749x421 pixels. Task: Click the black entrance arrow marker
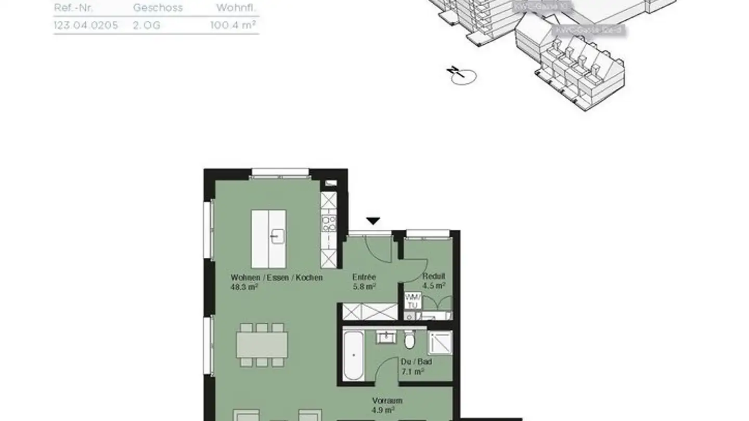(x=373, y=221)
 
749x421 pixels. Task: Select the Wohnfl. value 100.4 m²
(x=234, y=25)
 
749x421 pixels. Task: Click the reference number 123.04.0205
(x=86, y=25)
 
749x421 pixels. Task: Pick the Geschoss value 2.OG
(x=146, y=25)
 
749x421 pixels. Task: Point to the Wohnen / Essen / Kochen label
(x=276, y=278)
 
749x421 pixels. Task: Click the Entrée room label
(x=364, y=278)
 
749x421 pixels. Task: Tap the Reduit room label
(x=434, y=277)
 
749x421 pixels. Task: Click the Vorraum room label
(x=387, y=401)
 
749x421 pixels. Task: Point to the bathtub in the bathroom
(x=353, y=356)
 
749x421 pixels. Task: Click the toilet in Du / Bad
(x=409, y=340)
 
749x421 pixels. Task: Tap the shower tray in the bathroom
(x=440, y=343)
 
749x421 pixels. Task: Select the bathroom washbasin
(x=386, y=338)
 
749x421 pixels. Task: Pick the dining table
(x=262, y=345)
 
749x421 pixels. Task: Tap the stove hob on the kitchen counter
(x=328, y=224)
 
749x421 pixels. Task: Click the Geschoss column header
(x=158, y=8)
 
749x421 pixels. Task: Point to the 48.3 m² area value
(x=244, y=286)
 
